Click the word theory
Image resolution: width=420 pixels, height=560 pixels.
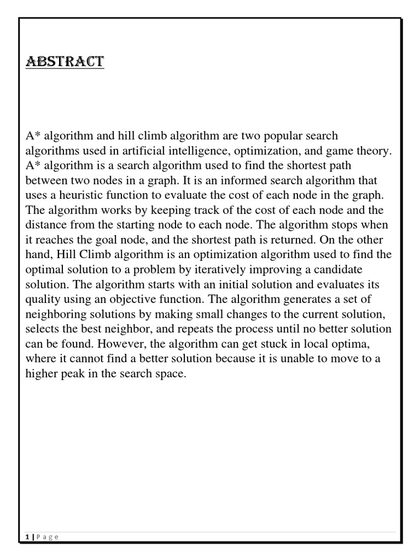pyautogui.click(x=375, y=150)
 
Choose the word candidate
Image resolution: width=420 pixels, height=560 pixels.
pyautogui.click(x=325, y=270)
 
